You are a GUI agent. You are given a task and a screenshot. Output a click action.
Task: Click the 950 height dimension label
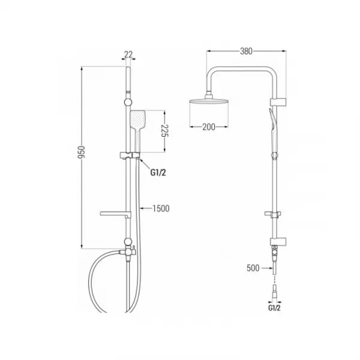[81, 152]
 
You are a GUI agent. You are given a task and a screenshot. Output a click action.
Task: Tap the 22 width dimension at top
[128, 55]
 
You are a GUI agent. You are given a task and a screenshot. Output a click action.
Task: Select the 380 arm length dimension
[246, 51]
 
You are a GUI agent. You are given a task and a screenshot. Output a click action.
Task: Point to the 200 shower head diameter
[209, 127]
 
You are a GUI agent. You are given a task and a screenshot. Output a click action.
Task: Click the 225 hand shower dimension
[165, 131]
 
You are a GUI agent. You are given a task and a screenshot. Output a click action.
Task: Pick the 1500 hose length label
[161, 208]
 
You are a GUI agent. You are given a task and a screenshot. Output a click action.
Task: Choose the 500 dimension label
[253, 268]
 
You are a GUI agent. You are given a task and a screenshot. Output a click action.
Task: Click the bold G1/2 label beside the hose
[158, 172]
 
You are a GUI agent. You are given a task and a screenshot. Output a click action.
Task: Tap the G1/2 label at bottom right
[274, 308]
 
